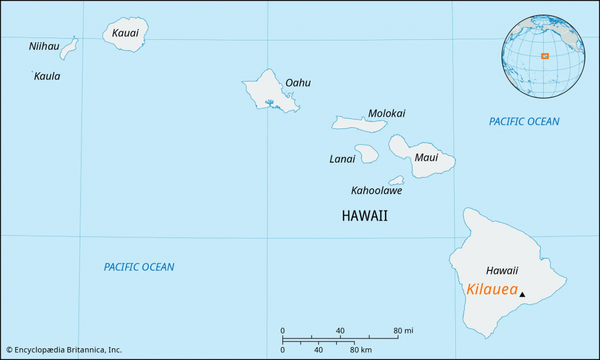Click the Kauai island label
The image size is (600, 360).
(x=125, y=33)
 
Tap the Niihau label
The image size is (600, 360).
(x=44, y=46)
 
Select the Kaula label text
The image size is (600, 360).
(x=47, y=76)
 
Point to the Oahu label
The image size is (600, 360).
(x=298, y=83)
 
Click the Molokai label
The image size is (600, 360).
(x=386, y=113)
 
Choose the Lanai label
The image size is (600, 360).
(x=342, y=159)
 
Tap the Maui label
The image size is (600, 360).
(x=426, y=157)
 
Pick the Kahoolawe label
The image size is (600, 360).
(x=376, y=191)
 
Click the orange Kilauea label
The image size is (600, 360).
(x=492, y=290)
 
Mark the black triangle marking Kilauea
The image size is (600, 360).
(x=522, y=294)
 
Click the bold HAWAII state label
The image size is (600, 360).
(x=364, y=216)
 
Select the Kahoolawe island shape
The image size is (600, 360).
(x=397, y=180)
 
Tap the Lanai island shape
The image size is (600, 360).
(x=366, y=154)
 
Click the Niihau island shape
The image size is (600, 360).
(x=69, y=49)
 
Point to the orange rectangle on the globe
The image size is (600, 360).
(x=545, y=56)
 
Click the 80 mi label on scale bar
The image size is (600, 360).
(x=403, y=331)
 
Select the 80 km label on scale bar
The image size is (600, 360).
(x=361, y=350)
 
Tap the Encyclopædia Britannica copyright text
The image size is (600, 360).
(x=64, y=350)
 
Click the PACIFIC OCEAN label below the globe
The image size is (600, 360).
(x=524, y=121)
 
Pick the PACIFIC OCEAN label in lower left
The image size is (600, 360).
(x=139, y=267)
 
